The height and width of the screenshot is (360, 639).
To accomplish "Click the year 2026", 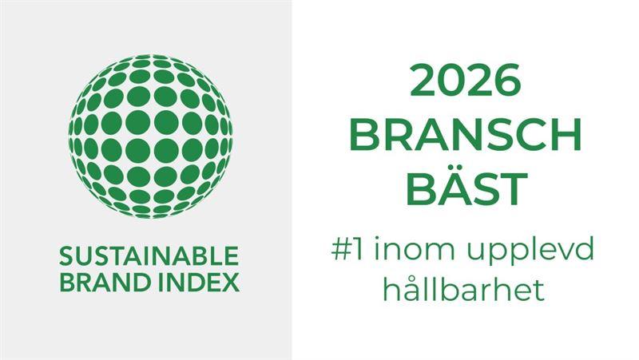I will (x=466, y=82).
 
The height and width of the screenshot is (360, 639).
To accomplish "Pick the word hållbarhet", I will (x=463, y=289).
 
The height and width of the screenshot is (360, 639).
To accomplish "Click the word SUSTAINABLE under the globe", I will (x=149, y=256).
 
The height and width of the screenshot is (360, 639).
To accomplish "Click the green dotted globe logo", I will (x=150, y=135).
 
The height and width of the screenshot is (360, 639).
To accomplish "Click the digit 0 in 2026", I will (x=450, y=82).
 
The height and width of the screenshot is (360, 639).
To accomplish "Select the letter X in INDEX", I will (x=230, y=282).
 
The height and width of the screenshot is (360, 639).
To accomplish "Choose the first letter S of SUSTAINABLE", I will (x=66, y=256).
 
